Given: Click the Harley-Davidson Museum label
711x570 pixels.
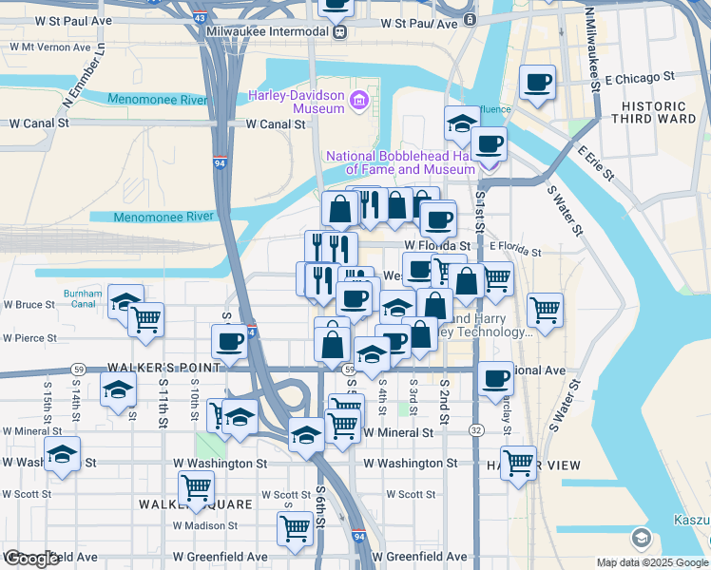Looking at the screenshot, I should click(296, 102).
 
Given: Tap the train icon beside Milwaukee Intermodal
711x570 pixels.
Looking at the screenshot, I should click(338, 30).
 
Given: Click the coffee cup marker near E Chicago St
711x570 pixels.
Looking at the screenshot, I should click(538, 83).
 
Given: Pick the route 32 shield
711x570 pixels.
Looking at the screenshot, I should click(473, 430).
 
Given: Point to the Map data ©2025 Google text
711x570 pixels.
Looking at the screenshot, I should click(652, 562).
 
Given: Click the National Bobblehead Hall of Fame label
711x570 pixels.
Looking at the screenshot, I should click(400, 162).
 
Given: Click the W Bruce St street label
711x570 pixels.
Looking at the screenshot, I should click(29, 305).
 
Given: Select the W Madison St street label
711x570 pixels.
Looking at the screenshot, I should click(204, 525).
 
